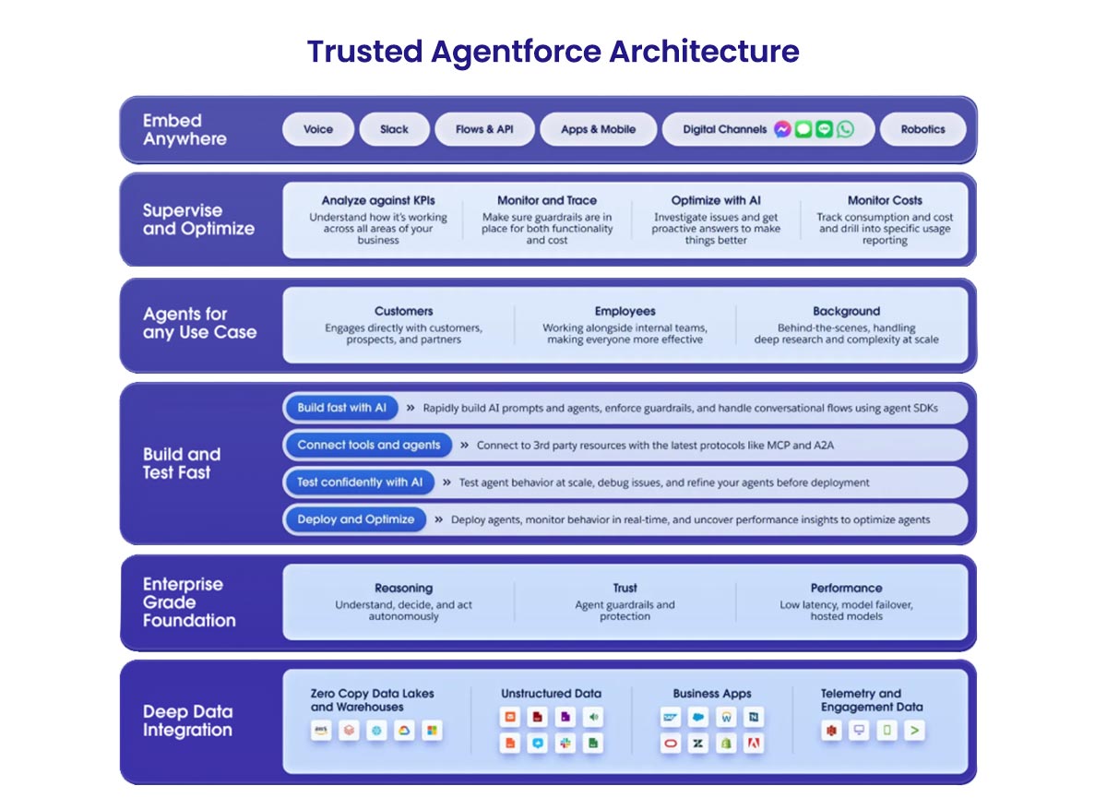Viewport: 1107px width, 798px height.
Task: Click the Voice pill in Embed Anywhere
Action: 318,129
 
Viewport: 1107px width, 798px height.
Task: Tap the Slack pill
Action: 394,129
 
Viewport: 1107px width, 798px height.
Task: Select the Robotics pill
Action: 923,129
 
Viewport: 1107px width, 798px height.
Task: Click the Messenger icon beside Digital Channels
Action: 782,129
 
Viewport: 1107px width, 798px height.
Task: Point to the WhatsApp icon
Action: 845,129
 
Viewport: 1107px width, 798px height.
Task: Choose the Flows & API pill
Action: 484,129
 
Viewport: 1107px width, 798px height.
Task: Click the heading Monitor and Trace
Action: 547,200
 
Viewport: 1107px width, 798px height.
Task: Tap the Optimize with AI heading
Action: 716,200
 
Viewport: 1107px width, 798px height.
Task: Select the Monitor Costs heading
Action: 885,200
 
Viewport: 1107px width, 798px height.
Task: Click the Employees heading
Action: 625,312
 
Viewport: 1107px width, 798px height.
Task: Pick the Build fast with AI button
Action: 341,408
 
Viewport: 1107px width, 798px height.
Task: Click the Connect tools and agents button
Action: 369,445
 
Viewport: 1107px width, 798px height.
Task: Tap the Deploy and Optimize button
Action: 355,519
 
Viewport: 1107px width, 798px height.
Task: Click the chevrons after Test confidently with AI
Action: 446,482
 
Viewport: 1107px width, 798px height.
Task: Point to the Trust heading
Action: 625,588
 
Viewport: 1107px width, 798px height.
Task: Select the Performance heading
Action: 846,588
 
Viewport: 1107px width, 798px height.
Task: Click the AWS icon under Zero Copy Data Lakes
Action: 322,731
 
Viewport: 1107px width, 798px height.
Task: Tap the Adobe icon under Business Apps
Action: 754,744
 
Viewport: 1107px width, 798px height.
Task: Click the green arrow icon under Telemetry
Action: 914,731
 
